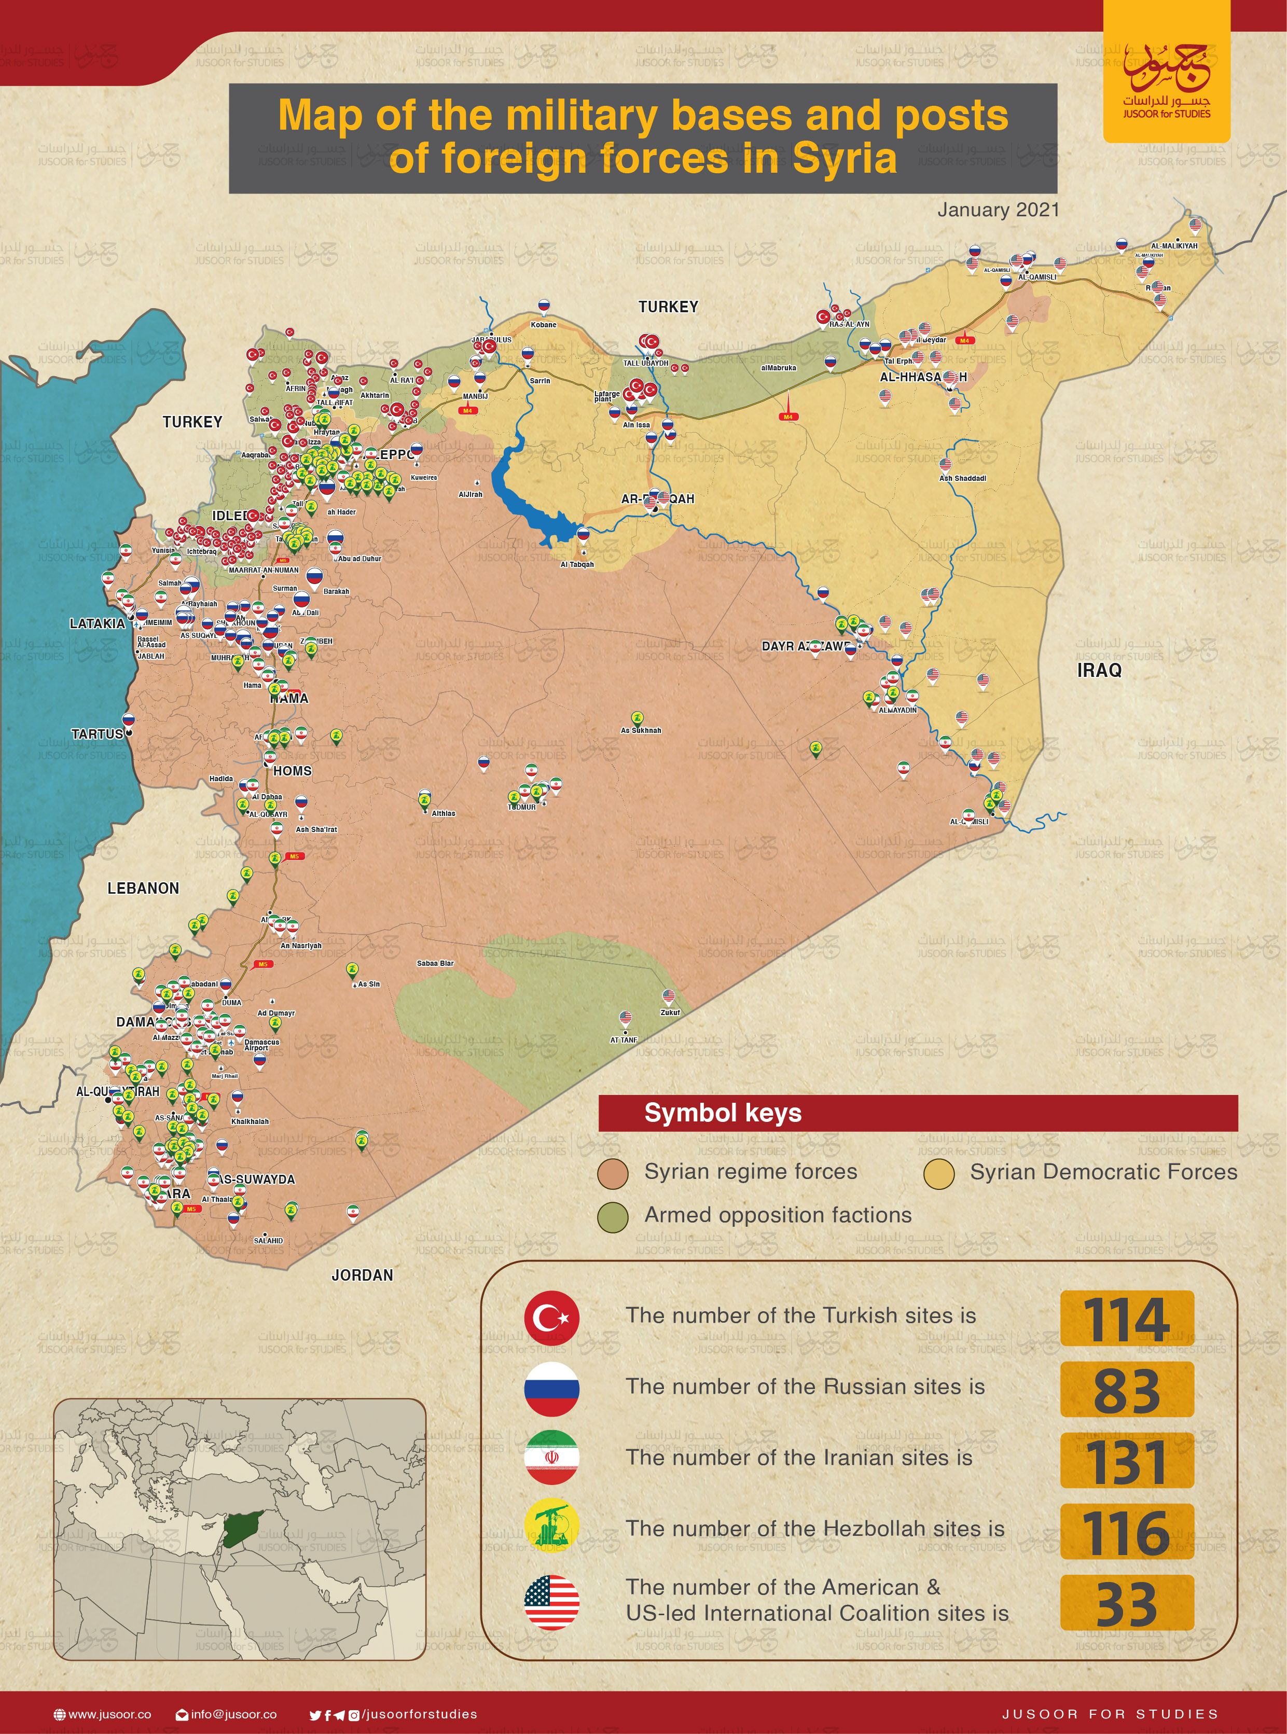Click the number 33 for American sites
[x=1127, y=1604]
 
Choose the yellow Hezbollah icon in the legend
[x=551, y=1529]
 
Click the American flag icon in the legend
[x=551, y=1602]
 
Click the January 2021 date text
[x=998, y=210]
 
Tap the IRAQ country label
[x=1099, y=671]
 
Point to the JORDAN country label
[x=362, y=1275]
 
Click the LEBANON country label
[x=143, y=888]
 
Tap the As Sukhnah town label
[x=640, y=731]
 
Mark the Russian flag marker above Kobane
[x=544, y=306]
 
